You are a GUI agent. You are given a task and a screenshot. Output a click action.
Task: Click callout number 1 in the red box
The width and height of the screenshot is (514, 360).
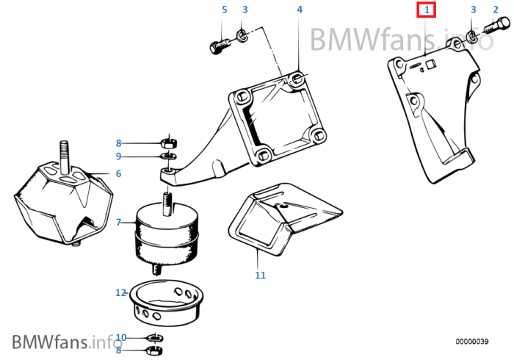[427, 10]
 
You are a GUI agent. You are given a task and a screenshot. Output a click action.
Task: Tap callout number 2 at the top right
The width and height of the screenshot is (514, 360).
[494, 10]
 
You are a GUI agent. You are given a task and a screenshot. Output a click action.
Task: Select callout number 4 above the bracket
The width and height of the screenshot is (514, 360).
[300, 10]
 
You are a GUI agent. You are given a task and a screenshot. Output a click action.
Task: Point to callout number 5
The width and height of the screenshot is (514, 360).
[225, 10]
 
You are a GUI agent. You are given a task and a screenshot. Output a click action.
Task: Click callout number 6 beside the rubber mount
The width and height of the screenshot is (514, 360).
[117, 174]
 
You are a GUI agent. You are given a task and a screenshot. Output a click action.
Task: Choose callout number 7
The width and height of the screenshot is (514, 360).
[117, 221]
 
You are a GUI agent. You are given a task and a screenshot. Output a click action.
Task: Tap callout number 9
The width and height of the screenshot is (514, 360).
[117, 156]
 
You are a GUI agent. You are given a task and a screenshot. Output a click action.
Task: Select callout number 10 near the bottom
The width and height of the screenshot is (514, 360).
[121, 337]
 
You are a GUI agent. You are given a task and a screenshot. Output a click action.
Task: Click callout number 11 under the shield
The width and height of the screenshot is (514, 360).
[259, 276]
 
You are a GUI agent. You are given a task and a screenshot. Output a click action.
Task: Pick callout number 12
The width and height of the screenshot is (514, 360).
[121, 292]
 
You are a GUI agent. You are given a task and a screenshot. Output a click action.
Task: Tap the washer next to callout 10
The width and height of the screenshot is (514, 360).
[155, 338]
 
